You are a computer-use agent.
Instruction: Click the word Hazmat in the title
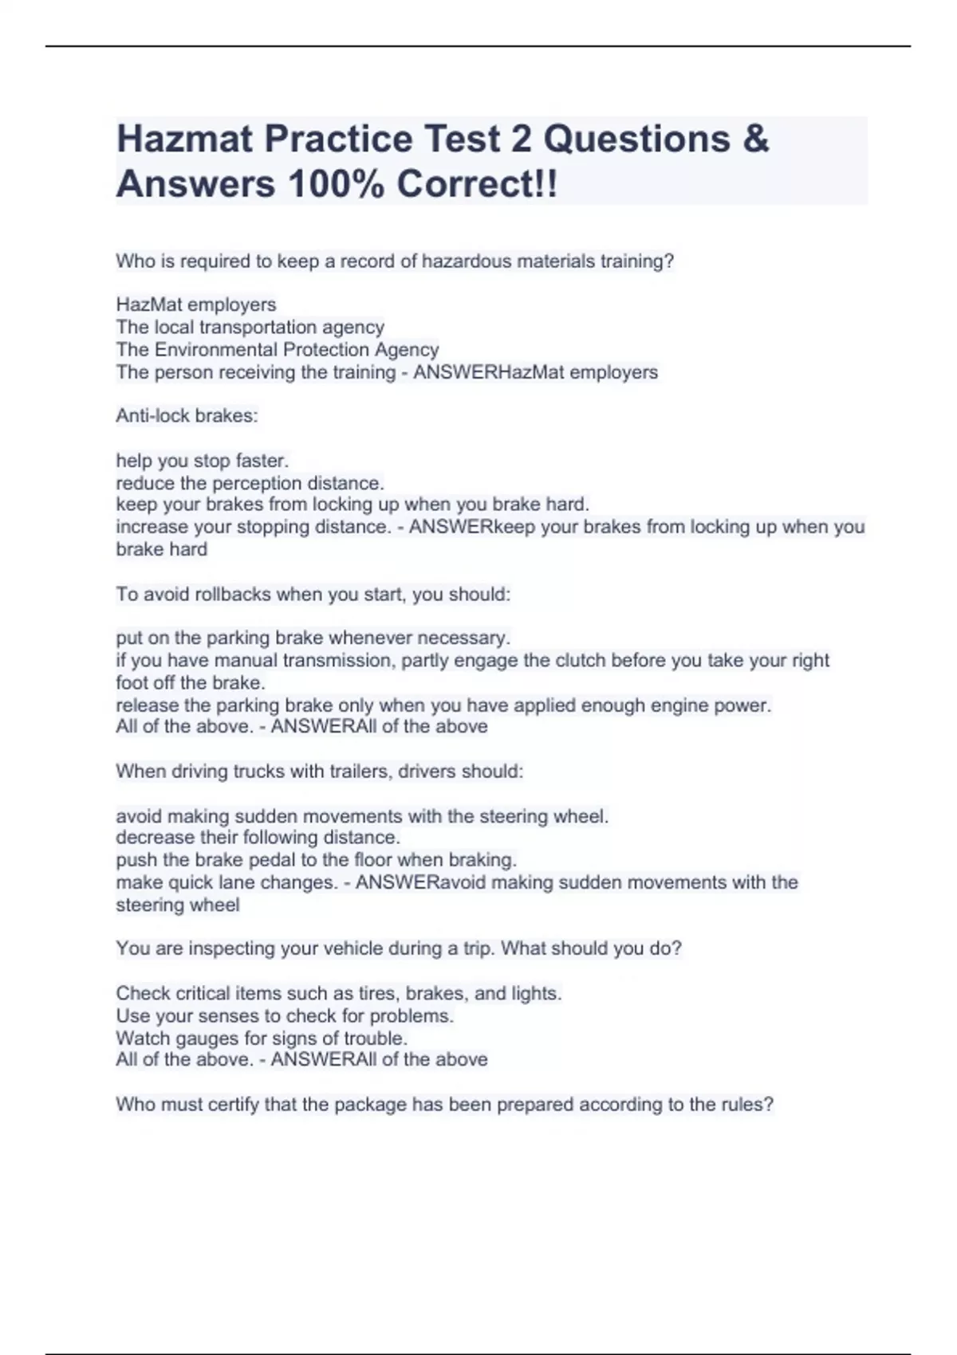coord(185,139)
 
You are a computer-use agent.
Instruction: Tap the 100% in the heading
coord(334,184)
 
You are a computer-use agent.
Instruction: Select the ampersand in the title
coord(755,139)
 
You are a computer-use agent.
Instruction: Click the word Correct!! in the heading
coord(477,184)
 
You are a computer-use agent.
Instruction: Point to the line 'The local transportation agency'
coord(250,327)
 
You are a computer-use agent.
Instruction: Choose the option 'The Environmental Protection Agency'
coord(277,349)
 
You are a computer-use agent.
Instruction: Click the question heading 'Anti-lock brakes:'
coord(187,415)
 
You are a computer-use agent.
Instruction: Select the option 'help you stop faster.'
coord(202,460)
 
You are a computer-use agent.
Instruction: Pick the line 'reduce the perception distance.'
coord(250,483)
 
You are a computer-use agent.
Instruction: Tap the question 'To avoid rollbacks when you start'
coord(313,594)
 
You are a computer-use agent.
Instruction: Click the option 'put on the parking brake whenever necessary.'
coord(313,638)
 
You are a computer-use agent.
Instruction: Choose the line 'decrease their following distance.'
coord(258,837)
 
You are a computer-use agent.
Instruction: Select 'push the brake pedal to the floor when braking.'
coord(316,860)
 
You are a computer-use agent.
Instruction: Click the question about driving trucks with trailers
coord(319,771)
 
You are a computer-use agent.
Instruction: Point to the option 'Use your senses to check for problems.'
coord(285,1015)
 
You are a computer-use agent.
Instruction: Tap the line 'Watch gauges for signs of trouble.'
coord(262,1038)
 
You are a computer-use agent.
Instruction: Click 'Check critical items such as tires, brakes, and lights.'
coord(338,993)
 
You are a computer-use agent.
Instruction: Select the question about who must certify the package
coord(444,1104)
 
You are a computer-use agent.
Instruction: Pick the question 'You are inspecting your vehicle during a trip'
coord(398,948)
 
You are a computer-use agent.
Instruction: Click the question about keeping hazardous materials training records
coord(395,261)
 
